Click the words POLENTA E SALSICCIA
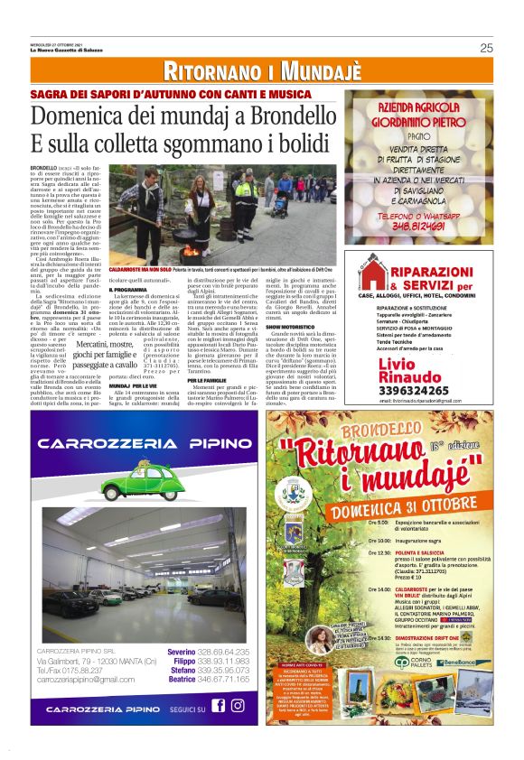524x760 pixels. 421,552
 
